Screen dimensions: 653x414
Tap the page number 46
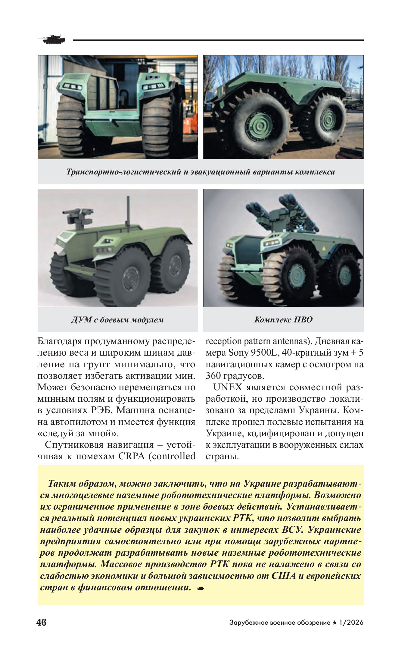tap(42, 622)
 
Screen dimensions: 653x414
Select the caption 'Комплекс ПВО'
tap(283, 319)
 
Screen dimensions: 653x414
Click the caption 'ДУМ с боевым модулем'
tap(117, 319)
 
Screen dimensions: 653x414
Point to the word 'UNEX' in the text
tap(228, 387)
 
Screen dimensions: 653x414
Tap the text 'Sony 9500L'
tap(252, 353)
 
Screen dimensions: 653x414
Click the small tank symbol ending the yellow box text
tap(199, 588)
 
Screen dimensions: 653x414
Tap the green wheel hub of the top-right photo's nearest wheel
tap(258, 126)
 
